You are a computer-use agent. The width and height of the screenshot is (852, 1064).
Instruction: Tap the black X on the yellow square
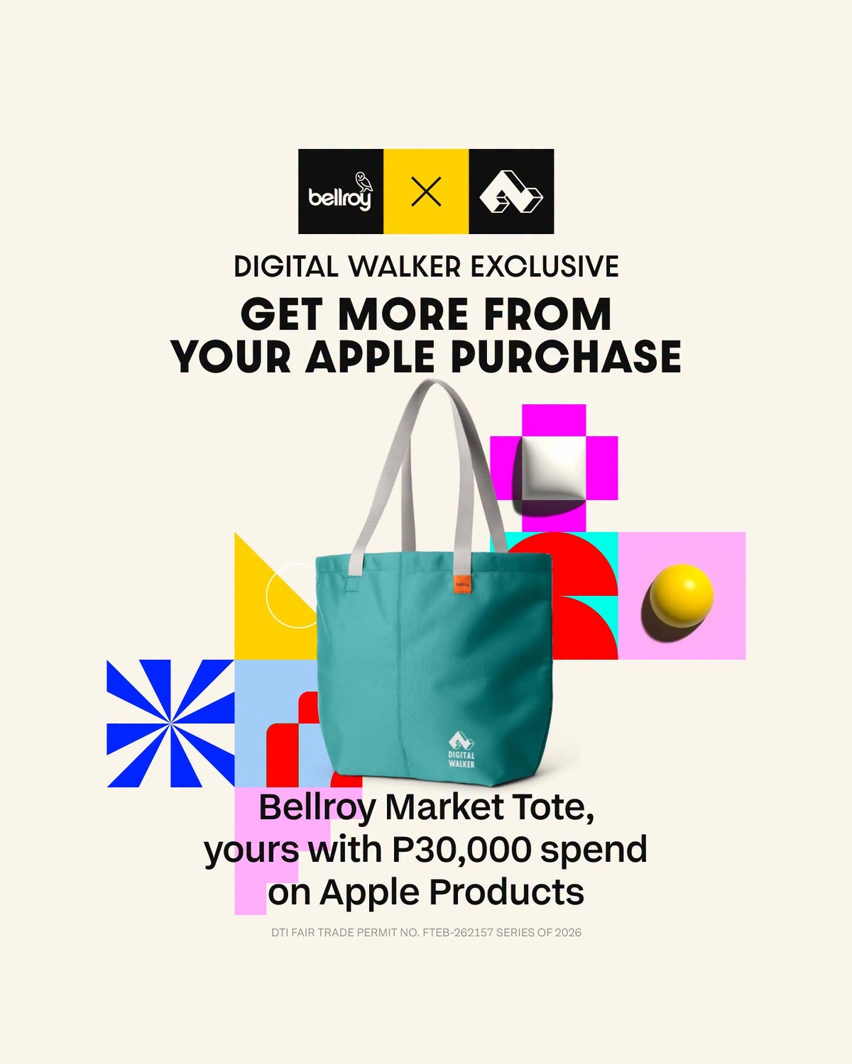tap(426, 192)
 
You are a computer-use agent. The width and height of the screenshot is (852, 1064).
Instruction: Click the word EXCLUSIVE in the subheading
tap(545, 267)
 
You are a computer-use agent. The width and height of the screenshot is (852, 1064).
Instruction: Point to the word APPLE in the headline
tap(371, 357)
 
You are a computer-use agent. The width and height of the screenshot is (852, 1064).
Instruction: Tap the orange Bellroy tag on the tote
tap(462, 584)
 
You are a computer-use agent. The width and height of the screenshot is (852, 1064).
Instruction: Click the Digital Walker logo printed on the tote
tap(461, 750)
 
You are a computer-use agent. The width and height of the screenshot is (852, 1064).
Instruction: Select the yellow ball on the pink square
tap(681, 595)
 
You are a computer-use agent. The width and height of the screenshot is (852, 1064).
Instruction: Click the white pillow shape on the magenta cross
tap(550, 469)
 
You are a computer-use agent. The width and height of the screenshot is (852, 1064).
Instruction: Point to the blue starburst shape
tap(170, 723)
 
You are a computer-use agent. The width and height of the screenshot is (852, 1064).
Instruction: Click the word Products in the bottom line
tap(506, 892)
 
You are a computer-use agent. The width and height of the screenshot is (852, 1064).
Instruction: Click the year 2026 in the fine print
tap(568, 933)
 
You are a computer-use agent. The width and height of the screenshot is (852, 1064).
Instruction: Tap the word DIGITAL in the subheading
tap(286, 267)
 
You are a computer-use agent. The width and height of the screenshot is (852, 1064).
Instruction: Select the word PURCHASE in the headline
tap(566, 357)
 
